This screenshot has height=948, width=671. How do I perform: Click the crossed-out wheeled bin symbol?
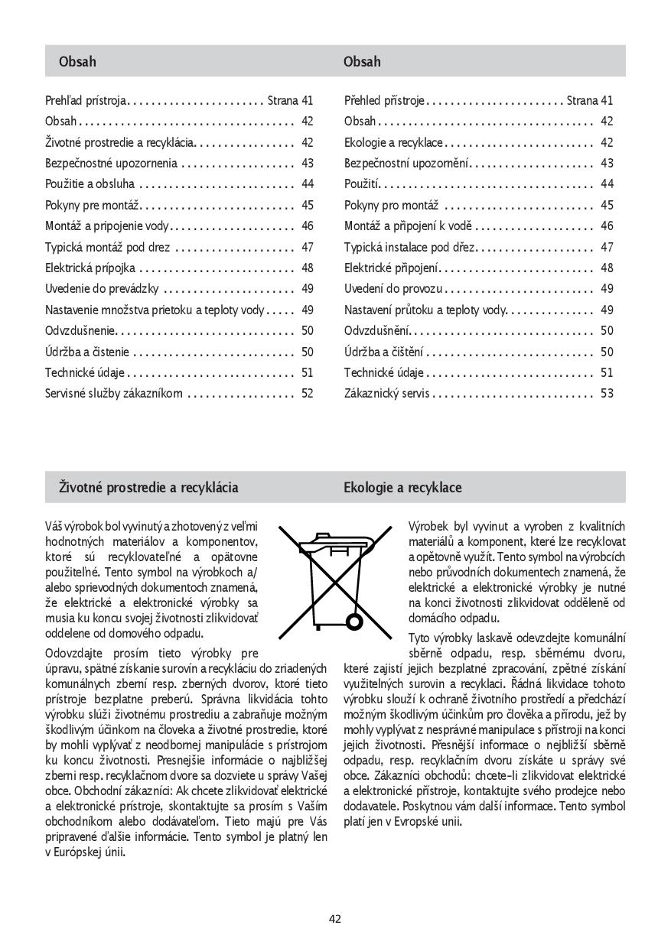click(x=334, y=580)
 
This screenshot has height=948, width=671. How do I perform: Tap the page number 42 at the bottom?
click(x=335, y=919)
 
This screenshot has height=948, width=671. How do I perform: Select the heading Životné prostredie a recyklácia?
click(x=148, y=488)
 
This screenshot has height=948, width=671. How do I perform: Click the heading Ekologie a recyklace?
click(x=402, y=488)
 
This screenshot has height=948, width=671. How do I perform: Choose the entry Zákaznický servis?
click(x=386, y=394)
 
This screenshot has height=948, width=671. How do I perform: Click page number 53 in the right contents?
click(x=607, y=394)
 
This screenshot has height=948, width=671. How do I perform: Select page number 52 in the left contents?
click(x=308, y=394)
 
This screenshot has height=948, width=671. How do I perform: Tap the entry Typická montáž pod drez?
click(x=107, y=247)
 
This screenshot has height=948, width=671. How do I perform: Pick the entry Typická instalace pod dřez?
click(x=409, y=247)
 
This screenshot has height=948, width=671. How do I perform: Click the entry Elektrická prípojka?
click(x=90, y=268)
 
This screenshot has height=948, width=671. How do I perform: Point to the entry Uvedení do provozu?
click(x=393, y=289)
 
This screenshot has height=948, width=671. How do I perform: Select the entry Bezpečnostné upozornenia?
click(x=111, y=163)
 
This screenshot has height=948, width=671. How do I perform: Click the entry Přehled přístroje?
click(x=384, y=100)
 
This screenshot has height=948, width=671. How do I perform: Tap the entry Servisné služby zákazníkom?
click(x=114, y=394)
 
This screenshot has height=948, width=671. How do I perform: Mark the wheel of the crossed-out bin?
click(x=354, y=620)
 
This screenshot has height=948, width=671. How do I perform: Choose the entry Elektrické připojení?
click(x=392, y=268)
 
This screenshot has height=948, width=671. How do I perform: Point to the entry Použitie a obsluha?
click(x=90, y=184)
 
